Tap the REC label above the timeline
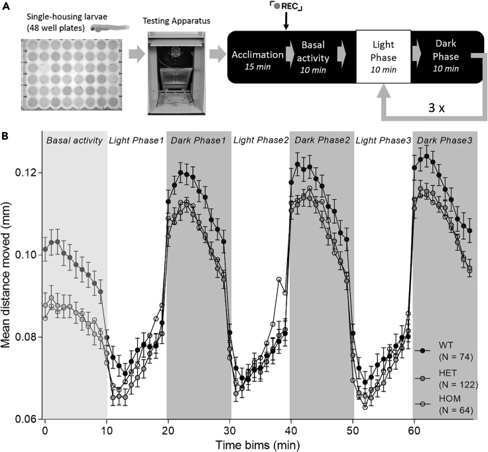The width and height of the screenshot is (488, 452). [286, 6]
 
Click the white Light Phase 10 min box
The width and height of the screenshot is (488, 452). [381, 58]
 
